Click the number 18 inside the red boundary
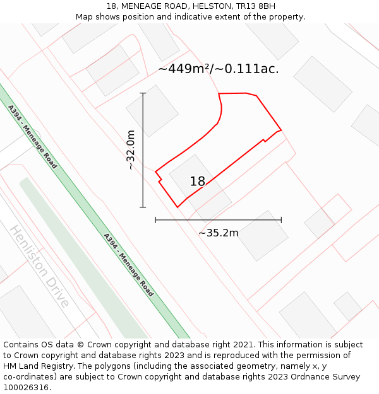click(x=197, y=182)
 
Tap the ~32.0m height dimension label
click(x=130, y=150)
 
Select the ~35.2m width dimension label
click(x=219, y=233)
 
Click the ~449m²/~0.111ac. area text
click(x=219, y=69)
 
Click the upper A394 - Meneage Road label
click(x=32, y=137)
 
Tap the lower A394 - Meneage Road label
click(x=128, y=265)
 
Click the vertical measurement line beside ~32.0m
click(x=143, y=151)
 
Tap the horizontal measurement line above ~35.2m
click(x=219, y=220)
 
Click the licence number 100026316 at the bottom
click(x=26, y=388)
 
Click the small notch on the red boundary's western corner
click(x=160, y=180)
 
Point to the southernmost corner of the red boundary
click(x=177, y=207)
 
